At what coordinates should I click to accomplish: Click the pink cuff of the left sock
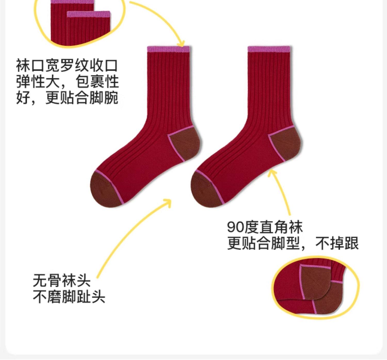(x=168, y=49)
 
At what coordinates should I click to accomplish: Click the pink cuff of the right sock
(x=269, y=49)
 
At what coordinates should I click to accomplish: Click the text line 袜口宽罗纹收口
(x=67, y=65)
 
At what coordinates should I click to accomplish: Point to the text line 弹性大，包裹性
(x=67, y=82)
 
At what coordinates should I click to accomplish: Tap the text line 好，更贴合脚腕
(x=67, y=98)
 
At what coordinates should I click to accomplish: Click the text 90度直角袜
(x=265, y=227)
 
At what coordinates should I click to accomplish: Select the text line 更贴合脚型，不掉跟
(x=293, y=243)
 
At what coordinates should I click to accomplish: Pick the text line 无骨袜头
(x=61, y=280)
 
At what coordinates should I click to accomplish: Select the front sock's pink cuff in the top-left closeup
(x=88, y=14)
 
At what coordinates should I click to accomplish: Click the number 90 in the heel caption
(x=235, y=227)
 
